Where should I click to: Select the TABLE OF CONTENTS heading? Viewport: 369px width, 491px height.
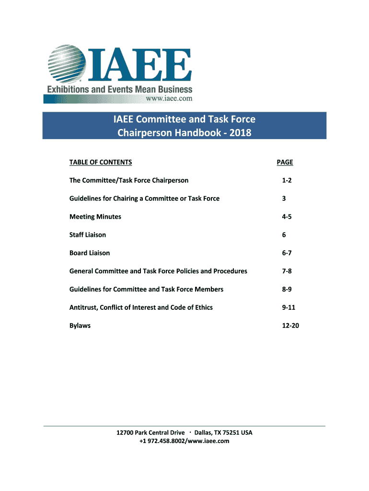[101, 162]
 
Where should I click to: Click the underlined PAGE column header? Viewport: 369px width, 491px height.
[285, 162]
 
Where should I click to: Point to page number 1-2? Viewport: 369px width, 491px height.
[287, 180]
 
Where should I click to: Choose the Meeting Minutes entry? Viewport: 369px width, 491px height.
[95, 217]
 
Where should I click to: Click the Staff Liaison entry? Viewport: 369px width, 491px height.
[88, 235]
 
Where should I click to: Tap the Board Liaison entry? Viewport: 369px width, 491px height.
[90, 253]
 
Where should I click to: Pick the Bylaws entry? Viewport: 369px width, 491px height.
[80, 326]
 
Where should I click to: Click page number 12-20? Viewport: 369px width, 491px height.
[290, 326]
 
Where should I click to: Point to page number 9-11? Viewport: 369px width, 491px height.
[288, 307]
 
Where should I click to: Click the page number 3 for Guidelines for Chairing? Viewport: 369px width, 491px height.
[284, 199]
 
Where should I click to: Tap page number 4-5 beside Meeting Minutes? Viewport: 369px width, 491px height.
[287, 217]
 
